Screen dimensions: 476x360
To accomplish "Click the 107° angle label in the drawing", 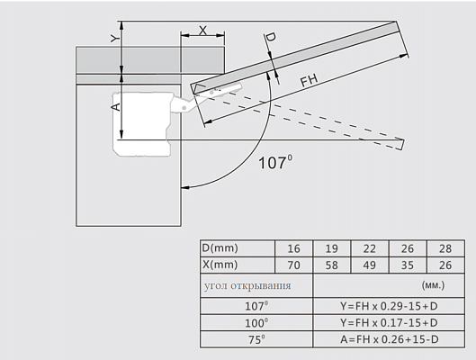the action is click(275, 162).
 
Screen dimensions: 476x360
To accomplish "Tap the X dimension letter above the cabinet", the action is click(202, 31).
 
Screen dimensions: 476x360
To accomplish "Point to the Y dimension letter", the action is click(114, 38).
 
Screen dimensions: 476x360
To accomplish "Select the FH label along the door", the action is click(310, 80).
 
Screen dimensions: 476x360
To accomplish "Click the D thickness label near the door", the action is click(271, 37).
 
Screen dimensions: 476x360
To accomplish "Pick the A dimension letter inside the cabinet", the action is click(117, 107).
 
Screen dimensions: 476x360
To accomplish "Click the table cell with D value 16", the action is click(293, 249).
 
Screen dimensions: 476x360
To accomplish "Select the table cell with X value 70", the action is click(293, 265).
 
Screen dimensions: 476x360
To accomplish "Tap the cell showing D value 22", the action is click(370, 249).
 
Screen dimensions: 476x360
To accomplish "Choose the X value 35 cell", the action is click(408, 265).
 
